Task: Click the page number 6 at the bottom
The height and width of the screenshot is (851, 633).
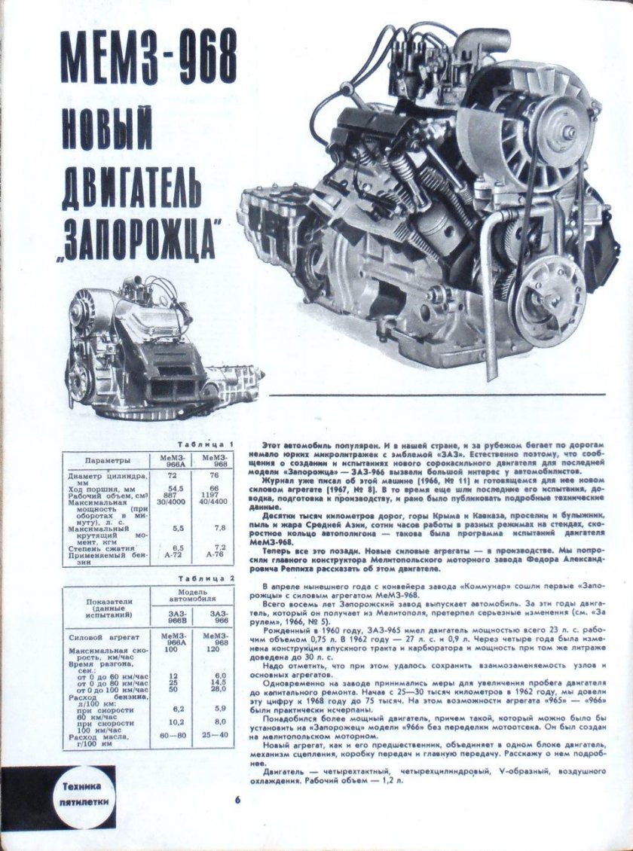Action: coord(236,799)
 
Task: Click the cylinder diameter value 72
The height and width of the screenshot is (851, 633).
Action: coord(170,477)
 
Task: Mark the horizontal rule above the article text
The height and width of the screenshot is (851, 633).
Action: coord(448,395)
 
